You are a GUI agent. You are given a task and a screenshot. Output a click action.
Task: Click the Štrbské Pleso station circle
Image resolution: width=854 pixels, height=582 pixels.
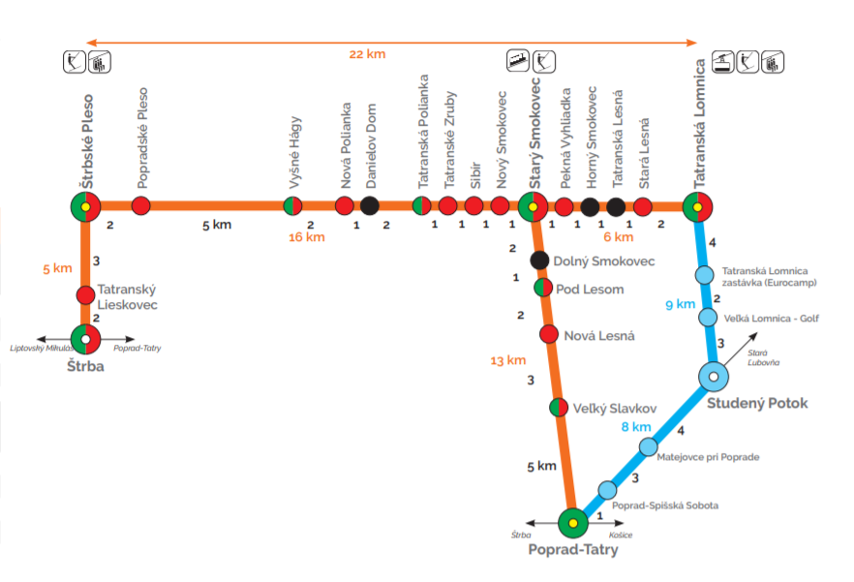tap(85, 206)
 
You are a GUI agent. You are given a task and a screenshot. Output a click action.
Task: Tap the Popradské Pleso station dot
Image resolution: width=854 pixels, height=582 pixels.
tap(141, 205)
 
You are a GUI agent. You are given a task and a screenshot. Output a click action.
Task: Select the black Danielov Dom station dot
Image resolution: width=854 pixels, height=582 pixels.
tap(369, 205)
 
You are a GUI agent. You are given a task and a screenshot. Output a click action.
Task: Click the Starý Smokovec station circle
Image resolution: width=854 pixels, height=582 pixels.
tap(532, 206)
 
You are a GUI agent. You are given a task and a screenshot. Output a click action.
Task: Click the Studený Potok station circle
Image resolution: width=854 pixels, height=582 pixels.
tap(713, 376)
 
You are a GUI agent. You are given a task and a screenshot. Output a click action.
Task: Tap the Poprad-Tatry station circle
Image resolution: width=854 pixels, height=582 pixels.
tap(572, 523)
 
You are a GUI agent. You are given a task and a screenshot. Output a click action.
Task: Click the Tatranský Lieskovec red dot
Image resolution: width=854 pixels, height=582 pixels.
tap(85, 294)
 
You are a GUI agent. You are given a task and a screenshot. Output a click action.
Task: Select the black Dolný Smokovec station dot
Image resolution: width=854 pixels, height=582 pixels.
tap(540, 260)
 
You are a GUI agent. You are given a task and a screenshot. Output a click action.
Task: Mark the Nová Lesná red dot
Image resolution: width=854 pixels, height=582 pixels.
tap(548, 334)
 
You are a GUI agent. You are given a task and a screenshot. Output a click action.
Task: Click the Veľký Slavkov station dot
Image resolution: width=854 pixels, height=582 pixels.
tap(558, 408)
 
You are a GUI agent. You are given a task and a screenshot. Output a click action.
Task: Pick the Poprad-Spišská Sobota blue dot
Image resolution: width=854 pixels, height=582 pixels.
tap(607, 489)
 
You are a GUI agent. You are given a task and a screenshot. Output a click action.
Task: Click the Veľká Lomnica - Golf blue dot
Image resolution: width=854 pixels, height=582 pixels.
tap(708, 318)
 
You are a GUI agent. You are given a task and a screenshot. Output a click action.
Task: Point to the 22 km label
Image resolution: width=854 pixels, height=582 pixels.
tap(368, 54)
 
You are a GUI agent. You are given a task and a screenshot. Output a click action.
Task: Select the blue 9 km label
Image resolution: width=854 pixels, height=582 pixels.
tap(681, 304)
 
